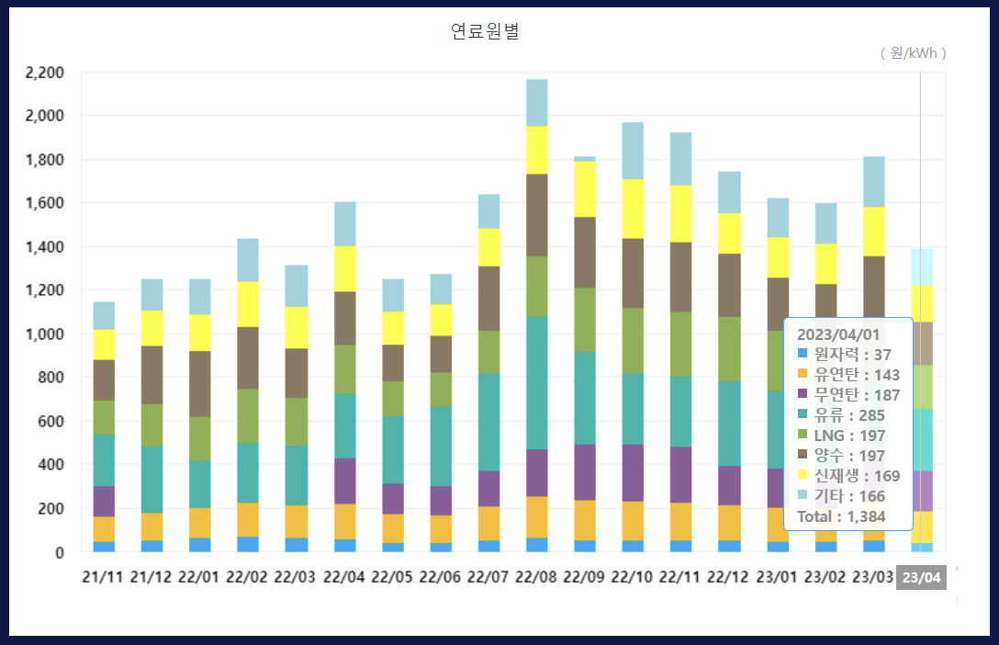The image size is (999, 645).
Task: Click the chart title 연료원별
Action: click(x=486, y=32)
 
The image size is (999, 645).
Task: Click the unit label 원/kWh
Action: click(x=914, y=53)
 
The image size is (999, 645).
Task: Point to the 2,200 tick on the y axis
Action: click(x=46, y=73)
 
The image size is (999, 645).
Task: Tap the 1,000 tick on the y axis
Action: click(x=46, y=334)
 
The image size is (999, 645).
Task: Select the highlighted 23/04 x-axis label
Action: click(x=921, y=578)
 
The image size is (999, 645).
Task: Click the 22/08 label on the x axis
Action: click(x=537, y=578)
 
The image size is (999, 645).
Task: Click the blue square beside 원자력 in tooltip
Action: click(x=803, y=355)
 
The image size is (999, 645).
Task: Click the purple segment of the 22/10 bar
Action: click(x=633, y=472)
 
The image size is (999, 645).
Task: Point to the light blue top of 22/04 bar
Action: click(x=345, y=224)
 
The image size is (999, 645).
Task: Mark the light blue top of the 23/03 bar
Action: click(x=874, y=182)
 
